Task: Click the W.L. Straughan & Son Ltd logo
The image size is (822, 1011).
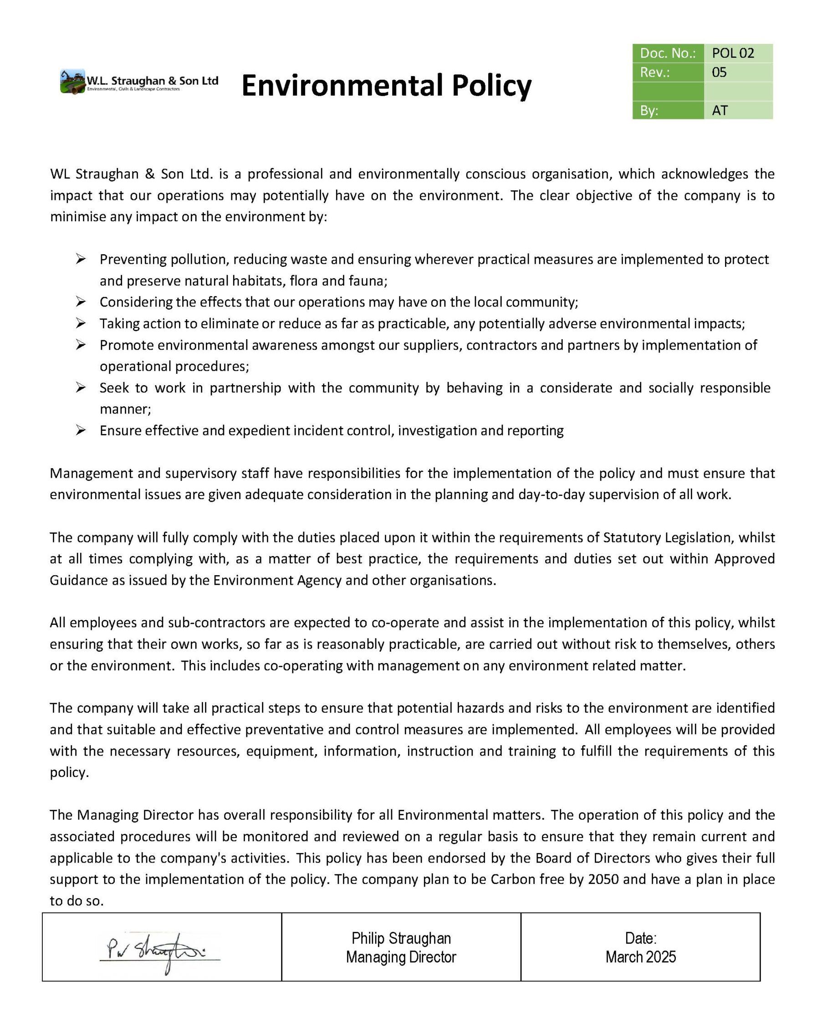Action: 139,82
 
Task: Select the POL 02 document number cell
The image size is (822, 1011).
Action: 733,53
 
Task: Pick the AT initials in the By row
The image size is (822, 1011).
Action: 720,111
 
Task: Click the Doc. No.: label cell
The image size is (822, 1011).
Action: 668,53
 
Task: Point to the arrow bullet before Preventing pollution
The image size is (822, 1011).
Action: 81,259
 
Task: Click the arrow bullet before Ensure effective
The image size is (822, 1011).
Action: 81,430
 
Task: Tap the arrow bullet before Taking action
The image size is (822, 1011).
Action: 81,323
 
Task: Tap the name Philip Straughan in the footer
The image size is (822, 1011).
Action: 401,938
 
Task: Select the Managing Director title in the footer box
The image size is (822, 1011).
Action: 401,957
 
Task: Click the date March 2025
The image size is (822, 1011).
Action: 641,957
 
